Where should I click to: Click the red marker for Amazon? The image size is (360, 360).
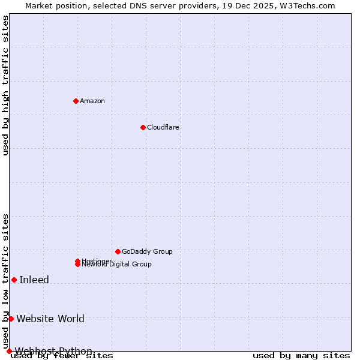(x=76, y=101)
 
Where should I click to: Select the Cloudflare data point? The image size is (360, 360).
(x=143, y=127)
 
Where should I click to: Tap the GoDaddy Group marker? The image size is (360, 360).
(x=118, y=251)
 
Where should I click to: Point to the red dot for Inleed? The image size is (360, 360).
(x=14, y=280)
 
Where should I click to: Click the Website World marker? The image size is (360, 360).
(x=11, y=319)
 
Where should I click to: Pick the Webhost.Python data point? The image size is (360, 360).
(x=9, y=351)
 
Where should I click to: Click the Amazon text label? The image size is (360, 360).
(x=92, y=101)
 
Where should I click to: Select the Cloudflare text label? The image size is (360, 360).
(x=163, y=127)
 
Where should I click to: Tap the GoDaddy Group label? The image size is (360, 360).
(x=146, y=251)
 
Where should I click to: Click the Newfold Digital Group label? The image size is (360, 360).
(x=117, y=265)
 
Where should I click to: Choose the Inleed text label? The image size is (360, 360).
(x=34, y=280)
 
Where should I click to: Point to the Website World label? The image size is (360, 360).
(x=50, y=319)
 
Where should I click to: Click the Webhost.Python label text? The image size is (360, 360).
(x=53, y=351)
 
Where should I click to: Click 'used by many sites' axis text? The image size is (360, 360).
(x=301, y=356)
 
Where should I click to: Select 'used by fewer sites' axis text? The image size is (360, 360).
(x=62, y=356)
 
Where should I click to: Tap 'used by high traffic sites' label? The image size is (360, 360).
(x=6, y=85)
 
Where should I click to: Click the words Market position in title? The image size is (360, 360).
(x=53, y=5)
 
